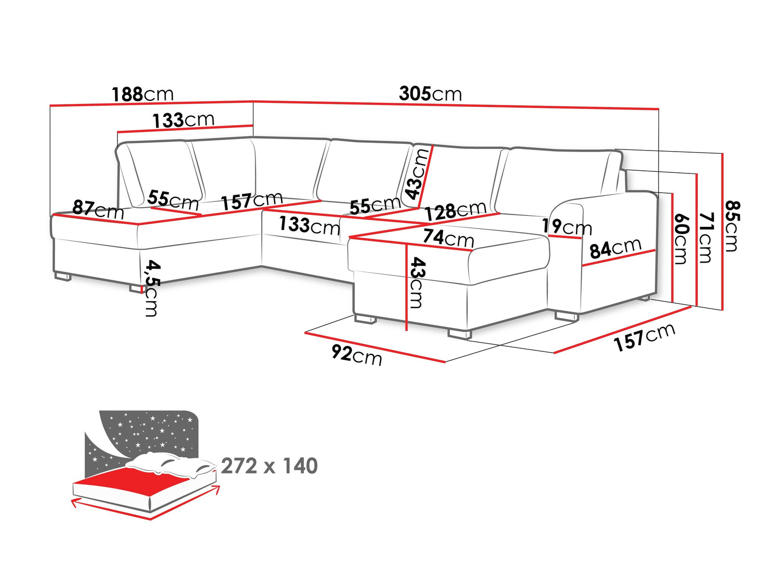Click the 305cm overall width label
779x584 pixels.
click(x=430, y=94)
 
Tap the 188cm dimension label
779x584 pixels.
click(x=143, y=94)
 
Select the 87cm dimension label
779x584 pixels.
click(x=98, y=210)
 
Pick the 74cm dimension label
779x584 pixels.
click(x=448, y=238)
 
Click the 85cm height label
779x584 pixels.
click(x=732, y=226)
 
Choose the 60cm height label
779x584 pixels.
click(x=681, y=239)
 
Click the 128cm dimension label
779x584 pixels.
click(x=455, y=211)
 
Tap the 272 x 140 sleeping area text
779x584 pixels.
click(x=269, y=466)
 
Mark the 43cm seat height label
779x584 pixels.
click(x=417, y=282)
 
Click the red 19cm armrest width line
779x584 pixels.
click(x=565, y=237)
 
